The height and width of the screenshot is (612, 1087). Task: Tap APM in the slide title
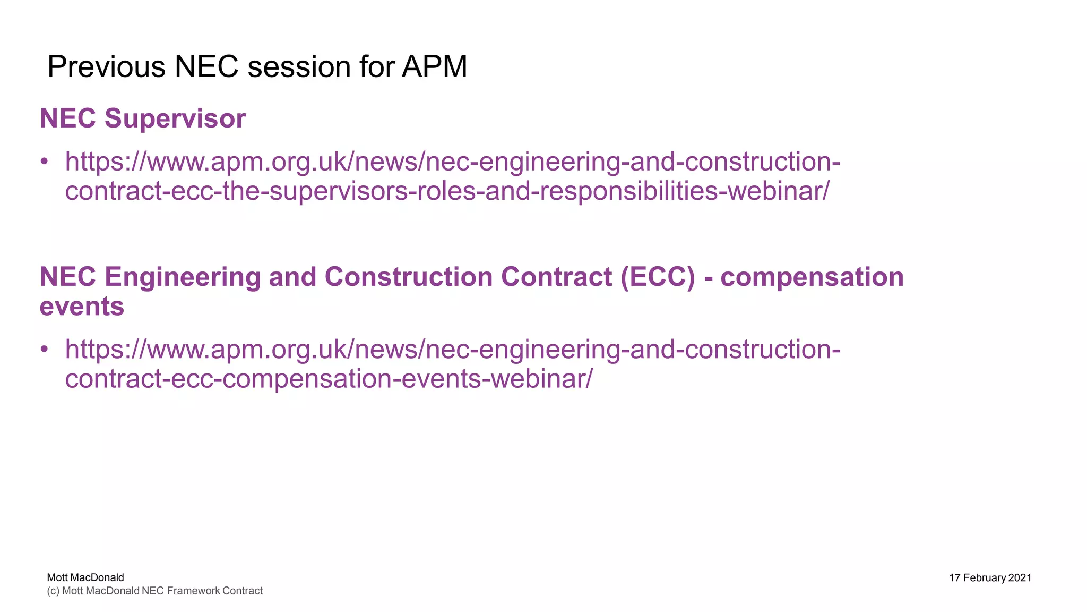point(434,67)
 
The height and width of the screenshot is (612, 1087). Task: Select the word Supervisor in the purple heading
point(175,118)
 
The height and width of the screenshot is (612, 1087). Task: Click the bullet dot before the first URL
point(45,161)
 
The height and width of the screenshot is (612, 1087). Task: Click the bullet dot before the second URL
point(45,349)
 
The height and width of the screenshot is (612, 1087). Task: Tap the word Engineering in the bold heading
point(182,277)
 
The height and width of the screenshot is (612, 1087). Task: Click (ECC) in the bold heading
point(657,277)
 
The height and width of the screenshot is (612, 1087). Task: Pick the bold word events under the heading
point(82,307)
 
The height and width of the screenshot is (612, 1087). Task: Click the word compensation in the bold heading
point(812,277)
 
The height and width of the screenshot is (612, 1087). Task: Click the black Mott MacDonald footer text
point(85,577)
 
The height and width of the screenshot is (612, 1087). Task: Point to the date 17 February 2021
point(990,578)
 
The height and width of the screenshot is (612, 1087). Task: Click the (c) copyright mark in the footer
point(53,591)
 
